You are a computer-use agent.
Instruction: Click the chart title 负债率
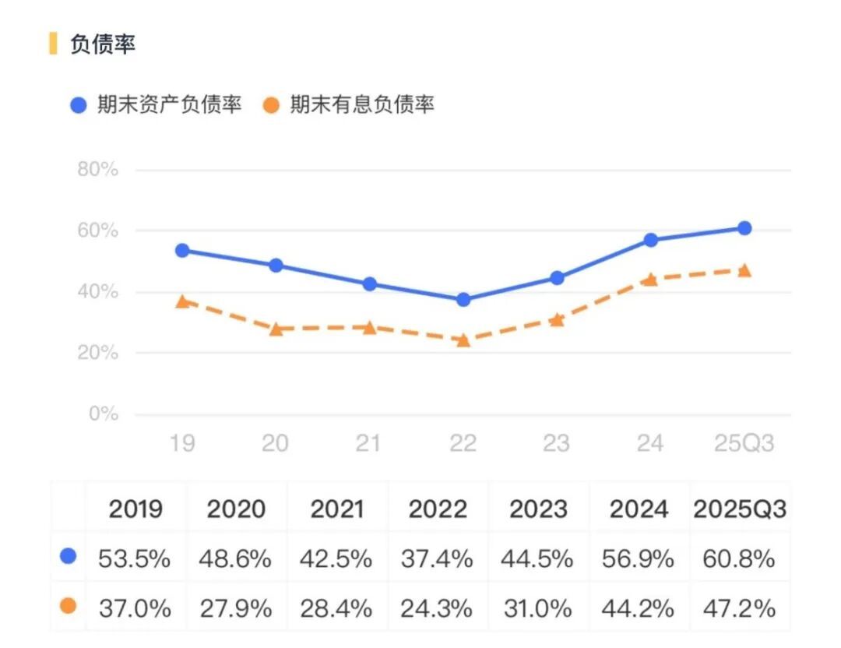103,44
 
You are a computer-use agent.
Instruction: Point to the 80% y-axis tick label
97,170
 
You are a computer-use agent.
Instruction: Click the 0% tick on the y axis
103,414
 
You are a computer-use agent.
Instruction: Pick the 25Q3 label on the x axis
744,443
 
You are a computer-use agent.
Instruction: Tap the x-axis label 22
463,443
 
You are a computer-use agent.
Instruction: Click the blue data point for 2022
463,299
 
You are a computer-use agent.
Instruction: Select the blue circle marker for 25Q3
744,228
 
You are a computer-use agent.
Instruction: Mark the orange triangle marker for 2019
182,301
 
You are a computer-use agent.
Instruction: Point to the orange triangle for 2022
463,340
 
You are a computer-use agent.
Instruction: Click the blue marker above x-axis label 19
182,250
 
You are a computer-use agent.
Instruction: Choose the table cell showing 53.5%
135,558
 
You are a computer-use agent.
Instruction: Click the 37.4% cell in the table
437,558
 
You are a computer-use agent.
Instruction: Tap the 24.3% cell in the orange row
437,607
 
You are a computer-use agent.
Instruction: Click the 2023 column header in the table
538,509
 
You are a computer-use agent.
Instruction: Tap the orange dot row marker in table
69,605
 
